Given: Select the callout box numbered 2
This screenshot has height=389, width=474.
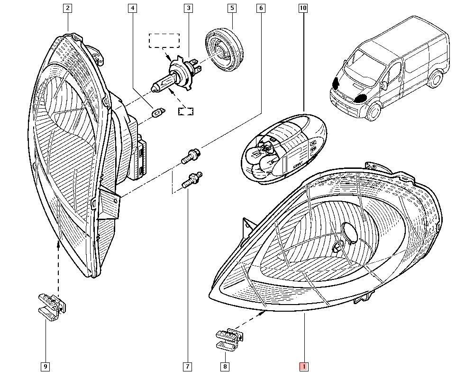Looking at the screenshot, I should point(68,8).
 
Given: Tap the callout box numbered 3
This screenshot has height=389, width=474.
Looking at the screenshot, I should point(189,8).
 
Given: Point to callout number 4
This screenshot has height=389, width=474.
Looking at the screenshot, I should point(132,8).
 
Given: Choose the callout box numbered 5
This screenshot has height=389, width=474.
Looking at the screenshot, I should point(232,8).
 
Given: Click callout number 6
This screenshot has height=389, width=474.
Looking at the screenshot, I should point(261,8).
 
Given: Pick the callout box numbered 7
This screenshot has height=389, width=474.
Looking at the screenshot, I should point(187,366).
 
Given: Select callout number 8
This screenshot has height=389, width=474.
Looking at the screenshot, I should point(225,366).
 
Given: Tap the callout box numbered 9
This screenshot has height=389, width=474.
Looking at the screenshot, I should point(46,366).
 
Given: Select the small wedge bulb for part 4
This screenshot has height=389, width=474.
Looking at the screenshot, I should point(155,113).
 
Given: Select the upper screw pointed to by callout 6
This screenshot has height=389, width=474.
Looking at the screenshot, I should point(191,156).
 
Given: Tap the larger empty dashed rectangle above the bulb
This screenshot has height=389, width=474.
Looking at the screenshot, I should point(164,41).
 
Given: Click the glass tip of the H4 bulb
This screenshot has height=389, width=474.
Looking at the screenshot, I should point(154,87).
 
